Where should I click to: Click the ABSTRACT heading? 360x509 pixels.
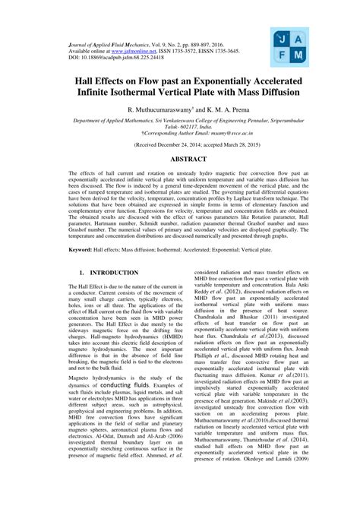click(x=180, y=161)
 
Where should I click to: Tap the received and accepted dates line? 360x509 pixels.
click(x=180, y=144)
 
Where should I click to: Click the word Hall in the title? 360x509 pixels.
click(x=87, y=79)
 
